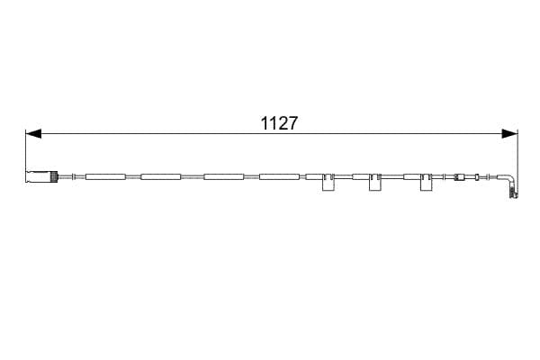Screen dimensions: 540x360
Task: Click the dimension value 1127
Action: tap(279, 123)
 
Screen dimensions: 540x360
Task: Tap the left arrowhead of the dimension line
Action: tap(33, 134)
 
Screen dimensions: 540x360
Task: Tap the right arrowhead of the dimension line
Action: tap(509, 134)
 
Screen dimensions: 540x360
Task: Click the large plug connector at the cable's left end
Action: tap(41, 176)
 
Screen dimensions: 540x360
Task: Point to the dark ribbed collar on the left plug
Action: tap(54, 176)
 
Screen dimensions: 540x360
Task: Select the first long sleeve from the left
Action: tap(105, 177)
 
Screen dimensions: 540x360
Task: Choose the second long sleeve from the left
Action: tap(161, 177)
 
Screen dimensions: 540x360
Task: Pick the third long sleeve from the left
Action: tap(224, 177)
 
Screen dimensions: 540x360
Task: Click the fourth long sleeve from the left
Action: tap(279, 177)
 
